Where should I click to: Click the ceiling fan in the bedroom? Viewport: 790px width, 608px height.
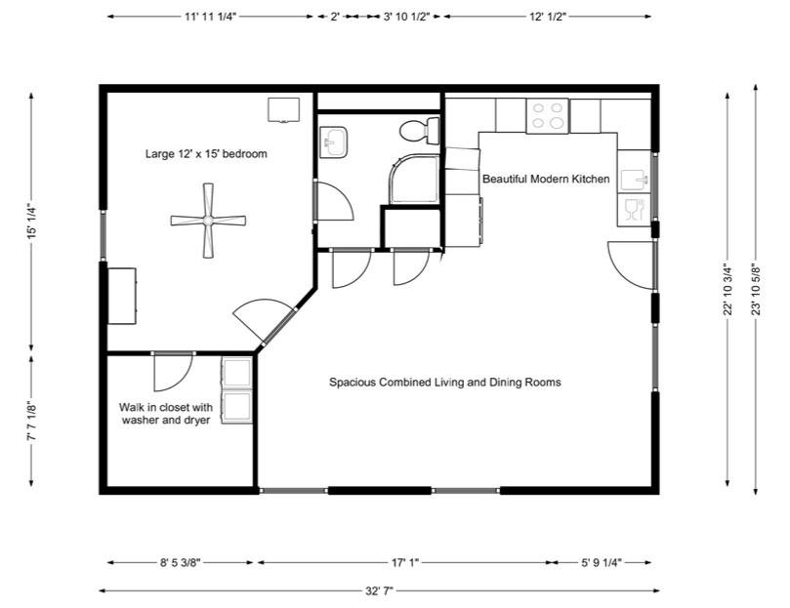tap(207, 223)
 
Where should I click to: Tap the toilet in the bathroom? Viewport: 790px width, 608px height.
tap(420, 129)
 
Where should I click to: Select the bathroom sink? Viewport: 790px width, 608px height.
tap(333, 143)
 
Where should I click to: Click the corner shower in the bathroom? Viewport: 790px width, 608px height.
tap(415, 180)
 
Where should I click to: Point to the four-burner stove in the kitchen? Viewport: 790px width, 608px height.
tap(549, 116)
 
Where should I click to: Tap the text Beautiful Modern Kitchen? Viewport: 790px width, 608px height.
tap(546, 179)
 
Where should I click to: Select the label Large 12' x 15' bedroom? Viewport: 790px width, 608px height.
tap(206, 153)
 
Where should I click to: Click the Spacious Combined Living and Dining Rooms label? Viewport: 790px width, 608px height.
tap(444, 382)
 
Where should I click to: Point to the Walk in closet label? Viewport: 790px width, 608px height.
tap(166, 413)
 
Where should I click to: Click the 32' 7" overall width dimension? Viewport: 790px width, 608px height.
tap(379, 589)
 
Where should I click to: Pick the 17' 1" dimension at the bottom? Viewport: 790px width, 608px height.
tap(402, 562)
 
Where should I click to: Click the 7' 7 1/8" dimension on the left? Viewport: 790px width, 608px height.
tap(31, 423)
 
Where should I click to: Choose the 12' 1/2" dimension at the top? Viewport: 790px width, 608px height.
tap(548, 17)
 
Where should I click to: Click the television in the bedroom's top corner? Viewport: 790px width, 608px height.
tap(284, 109)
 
